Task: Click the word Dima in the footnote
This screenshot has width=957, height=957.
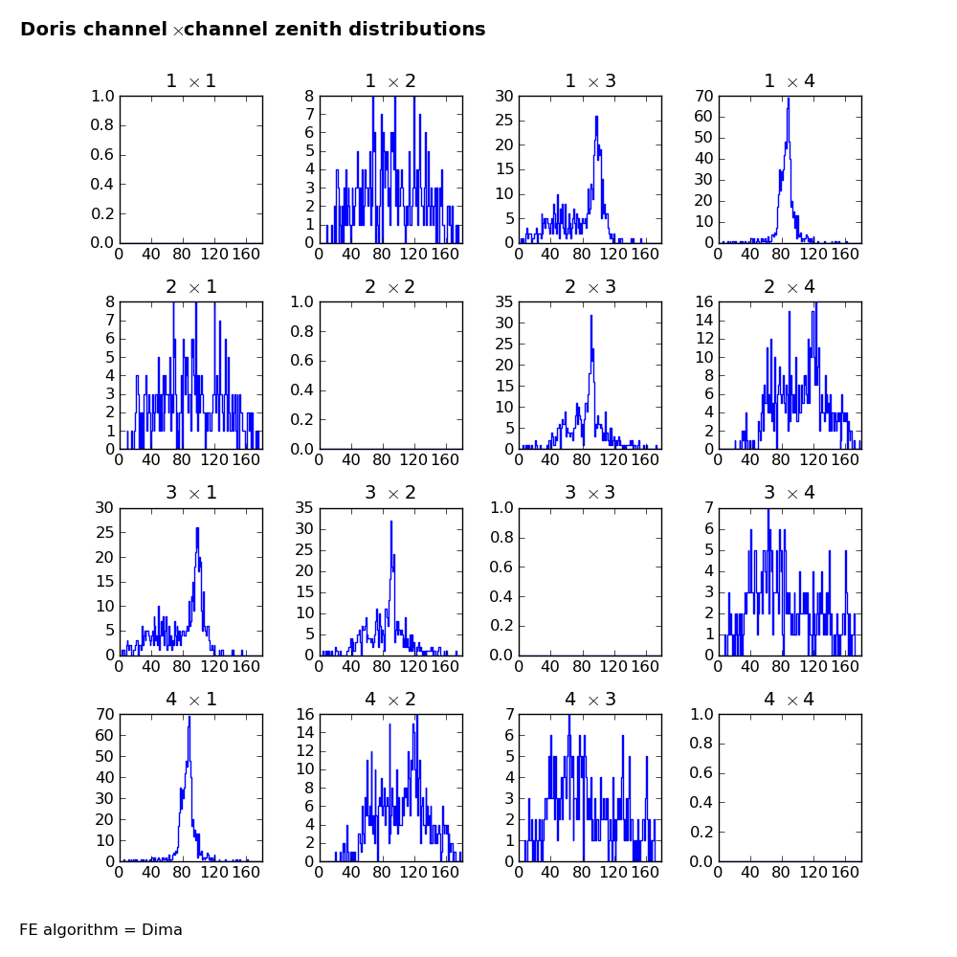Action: pos(162,929)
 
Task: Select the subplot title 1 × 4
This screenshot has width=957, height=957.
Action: pos(790,81)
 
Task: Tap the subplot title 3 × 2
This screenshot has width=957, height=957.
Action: pos(390,493)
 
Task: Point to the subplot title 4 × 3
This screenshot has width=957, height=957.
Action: pos(590,699)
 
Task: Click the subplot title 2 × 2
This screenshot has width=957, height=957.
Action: pos(390,287)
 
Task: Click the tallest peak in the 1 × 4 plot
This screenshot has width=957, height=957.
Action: pos(789,99)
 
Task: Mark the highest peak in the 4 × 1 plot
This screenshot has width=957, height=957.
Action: pos(189,718)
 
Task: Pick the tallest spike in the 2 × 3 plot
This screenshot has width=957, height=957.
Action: pos(590,316)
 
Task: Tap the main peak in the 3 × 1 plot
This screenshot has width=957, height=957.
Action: pos(197,528)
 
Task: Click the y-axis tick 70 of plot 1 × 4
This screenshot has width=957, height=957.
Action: pos(704,97)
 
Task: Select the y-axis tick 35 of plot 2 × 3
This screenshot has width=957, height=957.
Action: pos(504,302)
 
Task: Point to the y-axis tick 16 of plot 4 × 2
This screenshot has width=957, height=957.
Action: pos(305,715)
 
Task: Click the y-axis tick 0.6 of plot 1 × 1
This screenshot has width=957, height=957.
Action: pos(102,155)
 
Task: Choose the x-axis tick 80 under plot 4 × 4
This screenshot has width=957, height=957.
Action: pos(781,873)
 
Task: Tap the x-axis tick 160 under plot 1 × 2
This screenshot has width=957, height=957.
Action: pos(446,254)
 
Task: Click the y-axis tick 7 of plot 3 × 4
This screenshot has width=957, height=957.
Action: pos(709,508)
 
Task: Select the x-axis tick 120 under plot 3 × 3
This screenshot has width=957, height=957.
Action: pos(613,666)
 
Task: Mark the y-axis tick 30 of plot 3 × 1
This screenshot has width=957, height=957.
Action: pos(105,508)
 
